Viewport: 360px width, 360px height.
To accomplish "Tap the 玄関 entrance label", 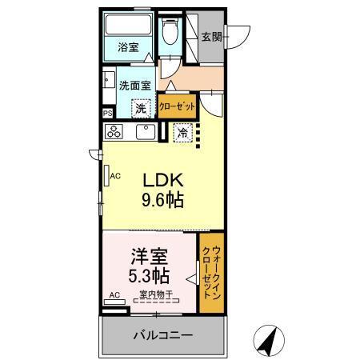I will click(211, 37).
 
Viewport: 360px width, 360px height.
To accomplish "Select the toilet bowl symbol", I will click(170, 34).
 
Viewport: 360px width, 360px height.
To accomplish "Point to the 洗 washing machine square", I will click(141, 108).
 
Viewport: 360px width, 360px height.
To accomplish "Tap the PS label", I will click(108, 114).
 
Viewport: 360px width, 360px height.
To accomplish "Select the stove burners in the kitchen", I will click(114, 132).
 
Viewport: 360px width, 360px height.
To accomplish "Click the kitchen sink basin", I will click(145, 132).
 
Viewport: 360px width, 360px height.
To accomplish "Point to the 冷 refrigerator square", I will click(183, 134).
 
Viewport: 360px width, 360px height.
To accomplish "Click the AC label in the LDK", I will click(114, 177).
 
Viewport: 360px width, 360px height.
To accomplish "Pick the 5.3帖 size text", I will click(150, 278).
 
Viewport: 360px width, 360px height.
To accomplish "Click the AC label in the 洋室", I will click(114, 295).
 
